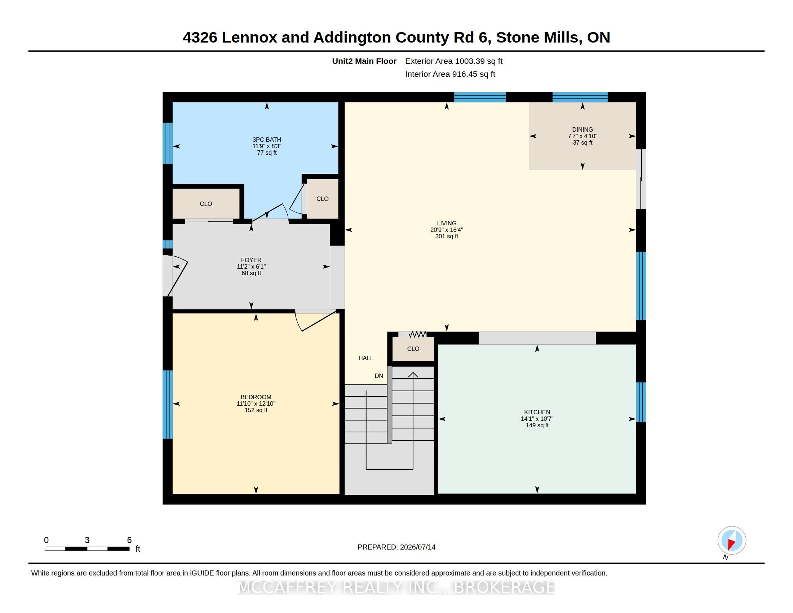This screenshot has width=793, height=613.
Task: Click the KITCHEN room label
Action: tap(537, 412)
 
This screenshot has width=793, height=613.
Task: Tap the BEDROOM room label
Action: tap(256, 397)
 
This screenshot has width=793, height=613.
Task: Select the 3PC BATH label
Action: tap(267, 140)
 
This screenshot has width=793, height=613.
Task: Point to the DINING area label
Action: tap(582, 129)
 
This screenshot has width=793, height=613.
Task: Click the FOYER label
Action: tap(251, 260)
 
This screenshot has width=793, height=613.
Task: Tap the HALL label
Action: tap(366, 358)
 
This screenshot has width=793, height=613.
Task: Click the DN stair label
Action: tap(379, 376)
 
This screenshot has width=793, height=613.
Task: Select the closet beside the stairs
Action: tap(413, 349)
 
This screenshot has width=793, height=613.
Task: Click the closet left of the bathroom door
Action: tap(206, 204)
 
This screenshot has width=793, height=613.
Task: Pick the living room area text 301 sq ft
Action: tap(447, 237)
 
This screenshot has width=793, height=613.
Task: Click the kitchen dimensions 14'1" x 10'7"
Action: tap(537, 419)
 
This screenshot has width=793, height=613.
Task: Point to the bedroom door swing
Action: tap(315, 321)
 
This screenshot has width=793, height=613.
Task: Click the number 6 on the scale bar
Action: tap(129, 540)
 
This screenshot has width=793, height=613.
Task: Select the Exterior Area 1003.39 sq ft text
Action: tap(454, 61)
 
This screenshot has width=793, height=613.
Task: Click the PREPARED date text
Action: tap(396, 547)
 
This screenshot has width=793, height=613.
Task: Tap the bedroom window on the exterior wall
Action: tap(167, 405)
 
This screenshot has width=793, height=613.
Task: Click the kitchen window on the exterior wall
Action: tap(641, 402)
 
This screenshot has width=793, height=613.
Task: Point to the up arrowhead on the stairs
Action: tap(413, 375)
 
